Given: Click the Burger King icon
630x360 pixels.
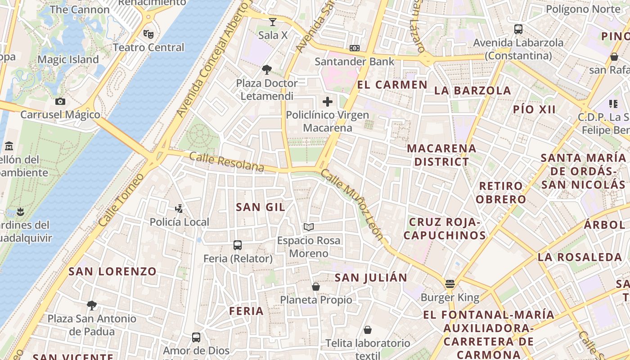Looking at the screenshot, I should [450, 284].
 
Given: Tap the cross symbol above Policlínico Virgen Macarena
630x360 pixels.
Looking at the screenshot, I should [328, 102].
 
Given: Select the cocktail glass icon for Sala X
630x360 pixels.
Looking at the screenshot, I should [273, 22].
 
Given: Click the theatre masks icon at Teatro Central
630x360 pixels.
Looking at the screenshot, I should [148, 34].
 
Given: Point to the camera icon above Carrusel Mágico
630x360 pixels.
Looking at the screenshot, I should [60, 101].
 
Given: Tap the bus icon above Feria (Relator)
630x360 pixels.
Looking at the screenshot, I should [238, 245].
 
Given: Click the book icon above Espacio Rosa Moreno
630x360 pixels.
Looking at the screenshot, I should [309, 227].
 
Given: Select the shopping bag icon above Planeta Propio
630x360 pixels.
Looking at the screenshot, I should [316, 287].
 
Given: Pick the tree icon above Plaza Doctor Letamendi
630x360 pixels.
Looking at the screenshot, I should [267, 70].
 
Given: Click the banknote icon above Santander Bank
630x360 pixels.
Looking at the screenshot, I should [355, 48].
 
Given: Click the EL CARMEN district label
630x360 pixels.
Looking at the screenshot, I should [392, 85].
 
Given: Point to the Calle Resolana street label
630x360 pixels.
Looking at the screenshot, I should [226, 162].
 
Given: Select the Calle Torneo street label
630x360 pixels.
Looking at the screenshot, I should [121, 200].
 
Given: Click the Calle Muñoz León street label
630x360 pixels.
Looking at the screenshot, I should [352, 205].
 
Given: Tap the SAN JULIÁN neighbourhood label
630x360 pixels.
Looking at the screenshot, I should [371, 278].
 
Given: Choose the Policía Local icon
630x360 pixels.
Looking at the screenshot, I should [179, 209].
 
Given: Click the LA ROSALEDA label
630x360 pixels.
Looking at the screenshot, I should [580, 257].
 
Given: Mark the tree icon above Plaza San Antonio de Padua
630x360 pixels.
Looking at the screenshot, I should [92, 306].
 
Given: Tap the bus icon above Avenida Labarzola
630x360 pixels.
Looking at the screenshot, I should [518, 29].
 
